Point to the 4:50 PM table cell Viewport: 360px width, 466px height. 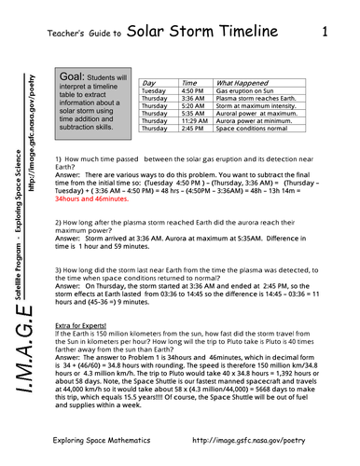[193, 91]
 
